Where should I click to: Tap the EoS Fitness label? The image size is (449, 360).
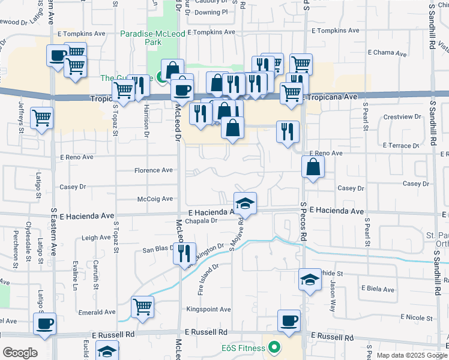[x=243, y=348]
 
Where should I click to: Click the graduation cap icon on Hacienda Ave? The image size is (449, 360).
[x=245, y=204]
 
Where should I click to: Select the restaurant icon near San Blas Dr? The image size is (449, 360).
[x=184, y=253]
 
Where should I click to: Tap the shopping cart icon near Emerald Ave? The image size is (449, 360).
[x=143, y=307]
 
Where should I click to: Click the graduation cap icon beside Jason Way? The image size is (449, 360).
[x=310, y=280]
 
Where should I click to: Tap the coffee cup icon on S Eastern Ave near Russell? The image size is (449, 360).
[x=44, y=324]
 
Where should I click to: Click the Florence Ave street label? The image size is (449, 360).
[x=153, y=170]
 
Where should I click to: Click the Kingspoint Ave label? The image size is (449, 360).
[x=208, y=310]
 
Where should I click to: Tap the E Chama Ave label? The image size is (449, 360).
[x=390, y=53]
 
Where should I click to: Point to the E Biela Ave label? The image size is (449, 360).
[x=377, y=289]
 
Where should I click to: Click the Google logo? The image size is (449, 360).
[x=19, y=353]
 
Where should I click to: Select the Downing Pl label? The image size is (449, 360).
[x=211, y=11]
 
